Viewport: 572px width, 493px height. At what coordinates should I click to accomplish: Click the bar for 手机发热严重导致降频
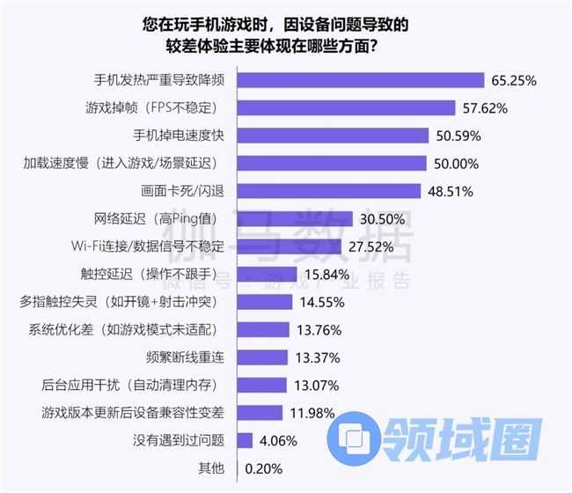[361, 80]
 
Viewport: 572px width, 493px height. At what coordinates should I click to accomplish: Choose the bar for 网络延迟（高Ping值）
[295, 218]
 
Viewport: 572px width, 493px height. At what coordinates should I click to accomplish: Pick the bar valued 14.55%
[265, 301]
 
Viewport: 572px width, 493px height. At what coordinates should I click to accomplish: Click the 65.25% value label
[515, 81]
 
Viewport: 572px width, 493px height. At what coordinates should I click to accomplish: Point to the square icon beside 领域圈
[357, 438]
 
